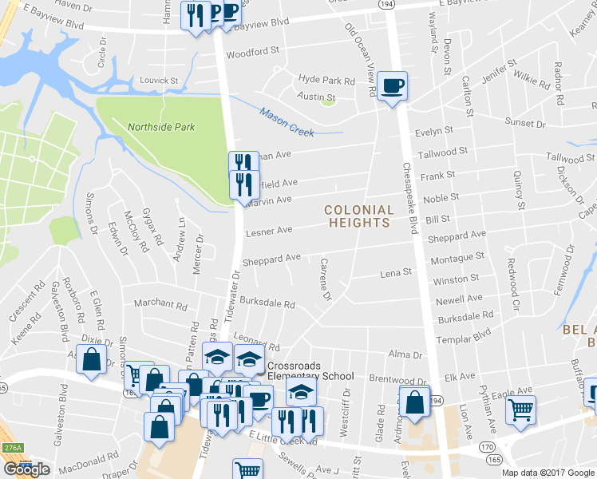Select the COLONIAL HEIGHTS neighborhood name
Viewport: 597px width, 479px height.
pyautogui.click(x=359, y=216)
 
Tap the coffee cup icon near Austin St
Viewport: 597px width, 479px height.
pyautogui.click(x=392, y=86)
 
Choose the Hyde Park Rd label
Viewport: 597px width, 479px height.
pyautogui.click(x=326, y=80)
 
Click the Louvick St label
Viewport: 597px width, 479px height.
pyautogui.click(x=158, y=81)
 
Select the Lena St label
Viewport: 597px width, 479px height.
pyautogui.click(x=396, y=272)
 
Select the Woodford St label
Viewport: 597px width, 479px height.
pyautogui.click(x=252, y=49)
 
